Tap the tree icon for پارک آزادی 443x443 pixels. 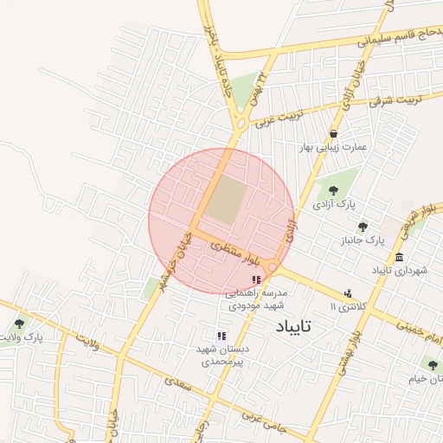click(333, 190)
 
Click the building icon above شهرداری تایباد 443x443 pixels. click(399, 258)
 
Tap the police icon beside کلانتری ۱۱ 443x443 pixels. click(348, 293)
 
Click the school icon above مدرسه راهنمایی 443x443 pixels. click(255, 279)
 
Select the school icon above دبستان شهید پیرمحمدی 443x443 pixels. click(221, 335)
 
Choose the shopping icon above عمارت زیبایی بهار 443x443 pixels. click(334, 133)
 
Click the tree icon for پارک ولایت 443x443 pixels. click(19, 324)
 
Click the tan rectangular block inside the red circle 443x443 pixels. click(224, 200)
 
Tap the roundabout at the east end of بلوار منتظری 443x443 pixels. click(273, 268)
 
